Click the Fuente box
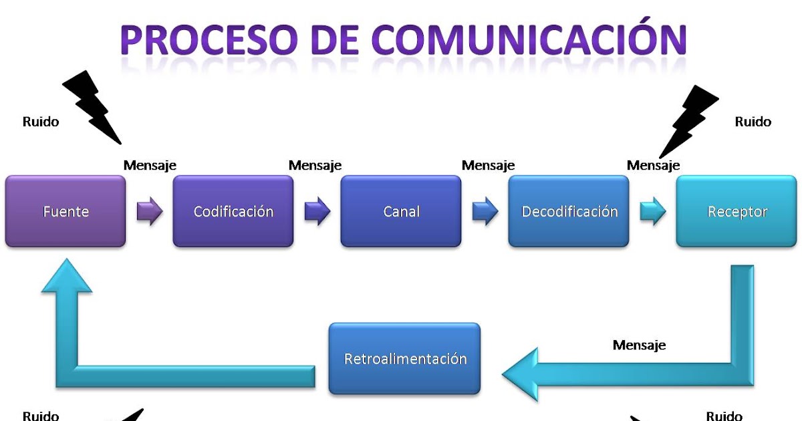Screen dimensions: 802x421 pyautogui.click(x=65, y=211)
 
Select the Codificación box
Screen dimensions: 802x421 pyautogui.click(x=233, y=211)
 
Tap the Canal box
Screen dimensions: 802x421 pyautogui.click(x=401, y=211)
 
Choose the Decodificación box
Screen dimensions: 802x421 pyautogui.click(x=569, y=211)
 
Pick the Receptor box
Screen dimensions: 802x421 pyautogui.click(x=737, y=211)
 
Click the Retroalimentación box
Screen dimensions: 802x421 pyautogui.click(x=404, y=358)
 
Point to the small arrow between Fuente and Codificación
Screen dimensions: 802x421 pyautogui.click(x=150, y=211)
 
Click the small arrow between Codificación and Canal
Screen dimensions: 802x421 pyautogui.click(x=317, y=211)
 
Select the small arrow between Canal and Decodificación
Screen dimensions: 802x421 pyautogui.click(x=485, y=211)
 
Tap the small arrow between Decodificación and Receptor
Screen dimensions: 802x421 pyautogui.click(x=653, y=211)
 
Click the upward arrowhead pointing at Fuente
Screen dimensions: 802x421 pyautogui.click(x=67, y=275)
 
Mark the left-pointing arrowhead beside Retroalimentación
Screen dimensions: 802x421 pyautogui.click(x=520, y=374)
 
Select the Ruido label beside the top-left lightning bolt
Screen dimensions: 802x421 pyautogui.click(x=41, y=122)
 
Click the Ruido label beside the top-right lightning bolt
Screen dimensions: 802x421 pyautogui.click(x=753, y=122)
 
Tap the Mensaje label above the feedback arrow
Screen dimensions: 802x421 pyautogui.click(x=639, y=345)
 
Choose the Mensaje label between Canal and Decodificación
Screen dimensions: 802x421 pyautogui.click(x=488, y=166)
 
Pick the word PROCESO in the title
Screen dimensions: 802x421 pyautogui.click(x=209, y=39)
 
